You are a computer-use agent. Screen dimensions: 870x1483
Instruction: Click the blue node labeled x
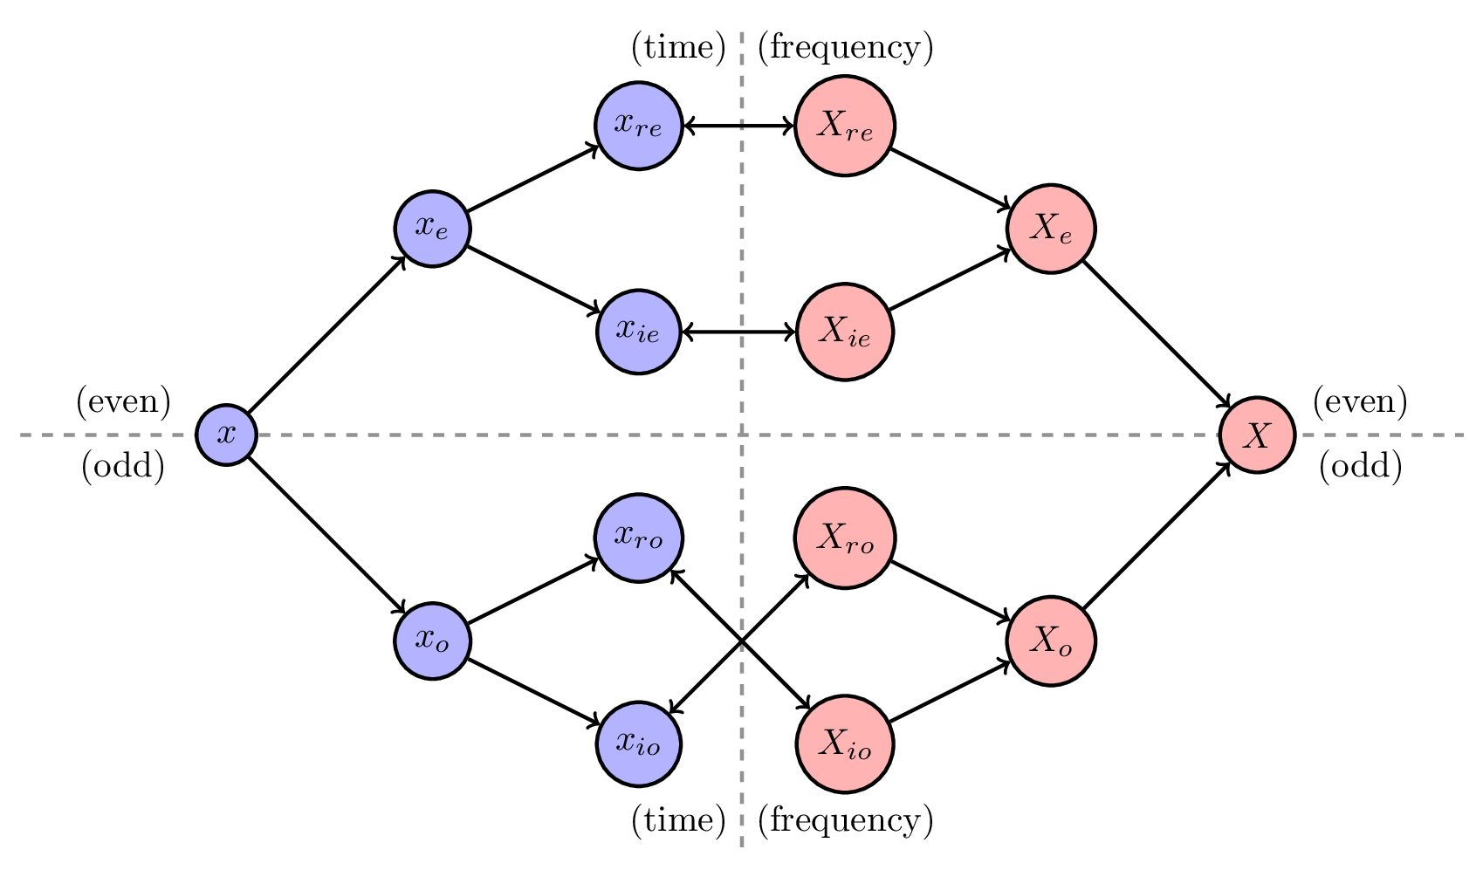(226, 435)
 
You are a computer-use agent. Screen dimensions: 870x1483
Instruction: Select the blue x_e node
(432, 229)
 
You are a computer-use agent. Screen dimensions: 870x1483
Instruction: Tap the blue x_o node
(432, 641)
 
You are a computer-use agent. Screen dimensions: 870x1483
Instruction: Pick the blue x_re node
(638, 126)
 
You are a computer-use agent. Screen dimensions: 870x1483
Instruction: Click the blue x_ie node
(638, 332)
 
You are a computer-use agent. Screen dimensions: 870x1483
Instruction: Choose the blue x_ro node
(638, 538)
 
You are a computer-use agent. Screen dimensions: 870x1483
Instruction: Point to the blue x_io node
(638, 743)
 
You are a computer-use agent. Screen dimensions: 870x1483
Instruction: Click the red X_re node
(844, 126)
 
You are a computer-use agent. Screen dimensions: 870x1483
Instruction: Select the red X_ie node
(844, 332)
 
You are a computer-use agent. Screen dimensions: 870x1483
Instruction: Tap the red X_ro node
(844, 538)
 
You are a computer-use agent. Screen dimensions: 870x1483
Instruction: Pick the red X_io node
(844, 743)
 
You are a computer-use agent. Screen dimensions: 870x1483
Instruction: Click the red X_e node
(1050, 229)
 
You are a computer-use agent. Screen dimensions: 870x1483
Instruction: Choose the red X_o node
(1050, 641)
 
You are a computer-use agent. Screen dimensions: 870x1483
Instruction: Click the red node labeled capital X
(1256, 435)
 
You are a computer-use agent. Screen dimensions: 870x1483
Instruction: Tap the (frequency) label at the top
(845, 47)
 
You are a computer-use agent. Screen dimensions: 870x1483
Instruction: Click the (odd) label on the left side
(123, 467)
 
